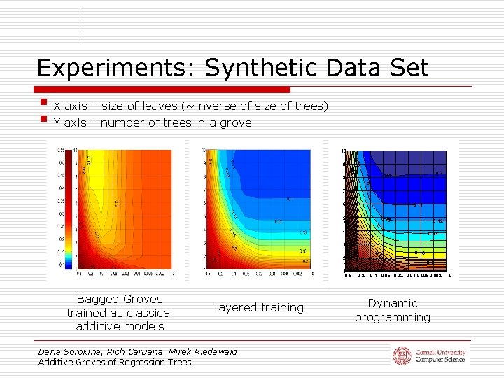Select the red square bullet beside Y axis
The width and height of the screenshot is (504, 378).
coord(43,120)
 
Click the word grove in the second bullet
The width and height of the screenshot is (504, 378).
coord(237,123)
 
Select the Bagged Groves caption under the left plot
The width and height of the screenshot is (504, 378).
coord(119,312)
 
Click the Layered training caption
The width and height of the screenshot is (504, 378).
coord(258,307)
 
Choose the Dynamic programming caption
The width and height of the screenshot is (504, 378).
coord(392,310)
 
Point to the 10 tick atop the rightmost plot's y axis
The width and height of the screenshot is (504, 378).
coord(343,152)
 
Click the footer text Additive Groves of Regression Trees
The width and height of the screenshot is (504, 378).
coord(115,362)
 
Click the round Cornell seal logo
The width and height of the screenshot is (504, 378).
coord(402,356)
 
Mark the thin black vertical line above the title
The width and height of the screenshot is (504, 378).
coord(80,27)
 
